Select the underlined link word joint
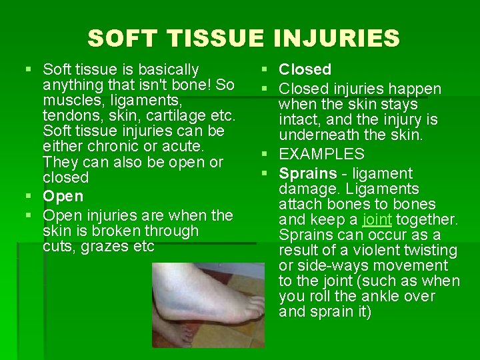(377, 219)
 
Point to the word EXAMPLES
(321, 154)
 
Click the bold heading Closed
(305, 69)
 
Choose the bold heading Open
(63, 196)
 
